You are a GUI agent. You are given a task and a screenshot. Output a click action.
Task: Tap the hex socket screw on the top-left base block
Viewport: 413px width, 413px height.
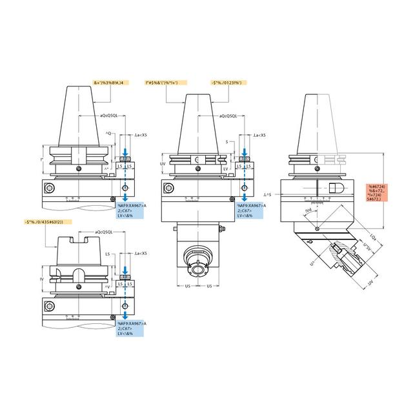click(50, 188)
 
